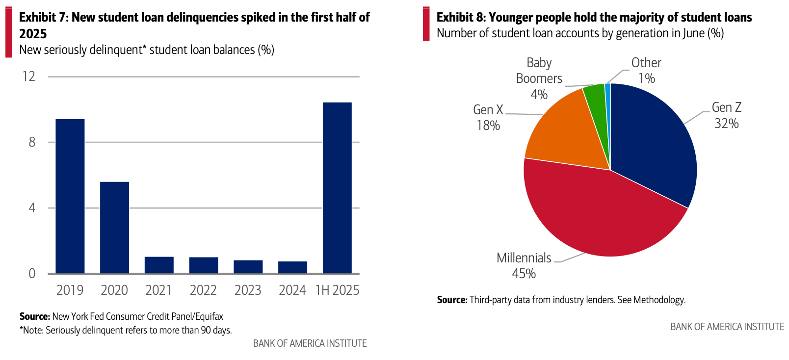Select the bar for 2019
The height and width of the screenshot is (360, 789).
click(70, 196)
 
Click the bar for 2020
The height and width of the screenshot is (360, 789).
click(114, 228)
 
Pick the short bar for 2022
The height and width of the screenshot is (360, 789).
click(204, 265)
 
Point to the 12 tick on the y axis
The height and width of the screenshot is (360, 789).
click(29, 77)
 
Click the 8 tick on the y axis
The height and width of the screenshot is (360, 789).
click(32, 142)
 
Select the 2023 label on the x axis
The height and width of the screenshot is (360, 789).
click(248, 290)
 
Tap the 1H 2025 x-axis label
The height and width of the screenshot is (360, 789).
click(337, 290)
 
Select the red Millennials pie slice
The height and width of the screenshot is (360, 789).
click(604, 216)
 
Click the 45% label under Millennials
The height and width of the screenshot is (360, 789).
click(524, 274)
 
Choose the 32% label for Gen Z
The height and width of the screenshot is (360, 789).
click(726, 124)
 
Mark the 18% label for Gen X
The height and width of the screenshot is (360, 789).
click(488, 126)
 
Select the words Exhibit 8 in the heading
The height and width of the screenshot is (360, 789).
click(461, 18)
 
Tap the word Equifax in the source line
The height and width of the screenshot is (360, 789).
click(210, 317)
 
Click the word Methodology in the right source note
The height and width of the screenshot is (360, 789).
click(658, 300)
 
